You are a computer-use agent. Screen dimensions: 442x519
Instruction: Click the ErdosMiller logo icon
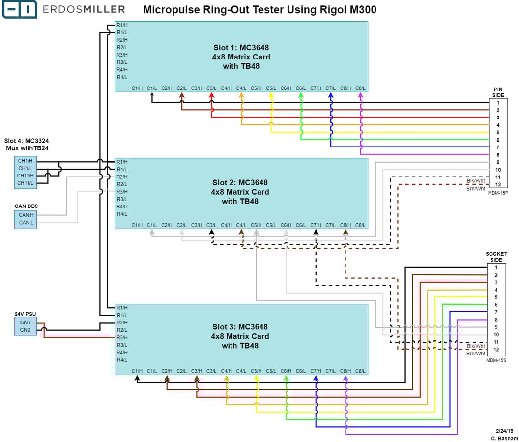[19, 9]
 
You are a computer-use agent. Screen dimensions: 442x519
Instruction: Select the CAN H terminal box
[26, 215]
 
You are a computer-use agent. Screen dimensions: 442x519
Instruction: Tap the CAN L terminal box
[26, 222]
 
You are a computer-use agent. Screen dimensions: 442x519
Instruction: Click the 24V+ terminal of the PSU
[25, 323]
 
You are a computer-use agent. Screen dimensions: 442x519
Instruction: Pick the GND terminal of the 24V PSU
[25, 330]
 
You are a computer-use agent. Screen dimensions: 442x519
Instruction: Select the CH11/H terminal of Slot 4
[26, 176]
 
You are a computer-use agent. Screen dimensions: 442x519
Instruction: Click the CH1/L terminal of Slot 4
[26, 168]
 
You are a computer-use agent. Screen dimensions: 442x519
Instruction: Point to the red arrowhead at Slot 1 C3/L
[212, 95]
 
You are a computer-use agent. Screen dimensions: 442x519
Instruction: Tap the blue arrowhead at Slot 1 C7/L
[331, 95]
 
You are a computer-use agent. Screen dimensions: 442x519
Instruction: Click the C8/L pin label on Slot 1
[360, 88]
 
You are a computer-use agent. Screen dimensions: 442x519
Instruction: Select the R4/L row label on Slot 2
[122, 214]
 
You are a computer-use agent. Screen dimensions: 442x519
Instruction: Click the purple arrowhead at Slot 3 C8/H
[346, 378]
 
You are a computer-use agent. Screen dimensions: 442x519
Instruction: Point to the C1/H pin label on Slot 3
[137, 371]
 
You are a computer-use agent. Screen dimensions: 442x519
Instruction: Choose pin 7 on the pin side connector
[497, 147]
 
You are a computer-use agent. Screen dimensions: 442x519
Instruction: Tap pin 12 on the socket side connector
[496, 350]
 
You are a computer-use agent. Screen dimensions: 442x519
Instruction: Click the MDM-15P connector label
[497, 193]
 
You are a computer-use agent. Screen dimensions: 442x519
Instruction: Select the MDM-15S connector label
[496, 360]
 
